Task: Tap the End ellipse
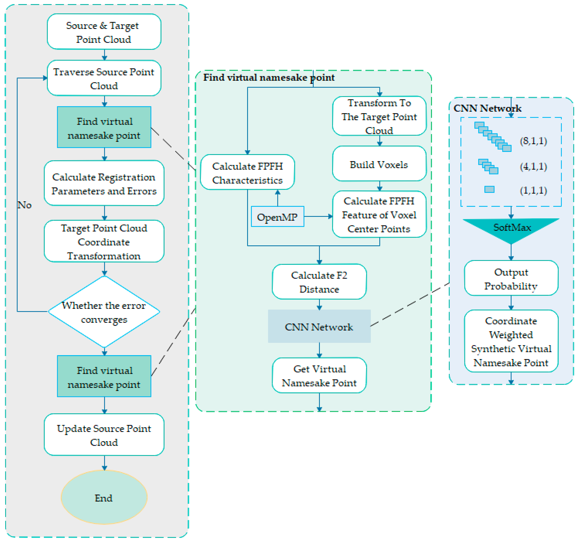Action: pos(104,498)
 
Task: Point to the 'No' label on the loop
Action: pos(24,205)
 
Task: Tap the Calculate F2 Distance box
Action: pos(319,282)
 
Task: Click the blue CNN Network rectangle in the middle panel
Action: pos(319,327)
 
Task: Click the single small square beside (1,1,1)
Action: pos(489,189)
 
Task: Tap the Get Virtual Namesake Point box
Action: pos(319,376)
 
